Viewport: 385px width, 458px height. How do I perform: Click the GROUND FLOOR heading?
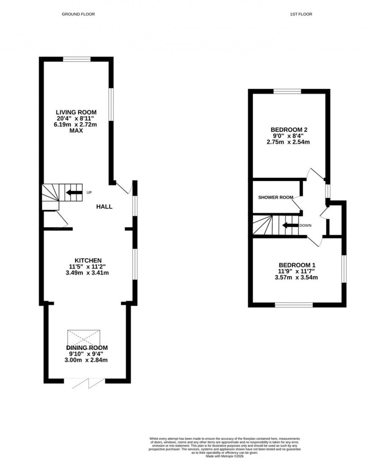tap(78, 14)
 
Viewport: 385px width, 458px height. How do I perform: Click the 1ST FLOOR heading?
tap(301, 14)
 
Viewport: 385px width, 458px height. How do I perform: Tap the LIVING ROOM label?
tap(76, 112)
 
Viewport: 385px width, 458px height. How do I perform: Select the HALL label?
tap(104, 207)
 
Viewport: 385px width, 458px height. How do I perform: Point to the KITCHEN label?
tap(88, 260)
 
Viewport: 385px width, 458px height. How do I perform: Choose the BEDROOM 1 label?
tap(294, 265)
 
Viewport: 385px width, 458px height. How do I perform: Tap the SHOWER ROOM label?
tap(276, 197)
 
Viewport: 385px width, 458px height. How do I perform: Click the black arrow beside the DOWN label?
tap(290, 225)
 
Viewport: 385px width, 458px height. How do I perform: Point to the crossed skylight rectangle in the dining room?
tap(84, 339)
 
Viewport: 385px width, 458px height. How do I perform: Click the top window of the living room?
tap(76, 59)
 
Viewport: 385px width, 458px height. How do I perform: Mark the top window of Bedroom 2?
tap(287, 91)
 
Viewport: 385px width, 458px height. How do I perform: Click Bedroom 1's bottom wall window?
tap(294, 305)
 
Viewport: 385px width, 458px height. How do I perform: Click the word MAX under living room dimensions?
tap(76, 131)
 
